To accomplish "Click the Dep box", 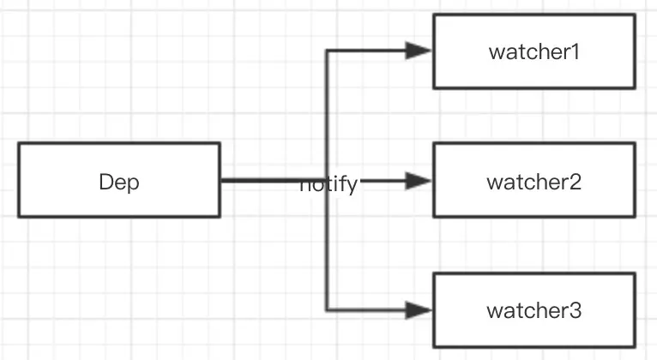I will (118, 180).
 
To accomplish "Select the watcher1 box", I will (533, 51).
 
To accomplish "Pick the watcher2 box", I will (533, 182).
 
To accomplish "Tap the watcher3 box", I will (533, 310).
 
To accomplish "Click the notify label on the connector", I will (328, 183).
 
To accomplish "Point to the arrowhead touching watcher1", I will (420, 51).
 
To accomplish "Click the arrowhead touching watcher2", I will (420, 181).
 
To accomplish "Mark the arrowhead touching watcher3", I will (420, 309).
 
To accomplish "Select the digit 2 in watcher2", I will (576, 182).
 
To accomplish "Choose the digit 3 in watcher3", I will (576, 310).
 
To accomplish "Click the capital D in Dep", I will (106, 182).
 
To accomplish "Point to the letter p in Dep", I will (133, 183).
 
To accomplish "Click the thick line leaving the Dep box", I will (257, 181).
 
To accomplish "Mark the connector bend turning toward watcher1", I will (327, 51).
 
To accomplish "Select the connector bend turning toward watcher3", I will (327, 309).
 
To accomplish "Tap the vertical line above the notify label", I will (327, 111).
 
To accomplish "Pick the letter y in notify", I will (352, 185).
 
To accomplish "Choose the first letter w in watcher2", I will (494, 183).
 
